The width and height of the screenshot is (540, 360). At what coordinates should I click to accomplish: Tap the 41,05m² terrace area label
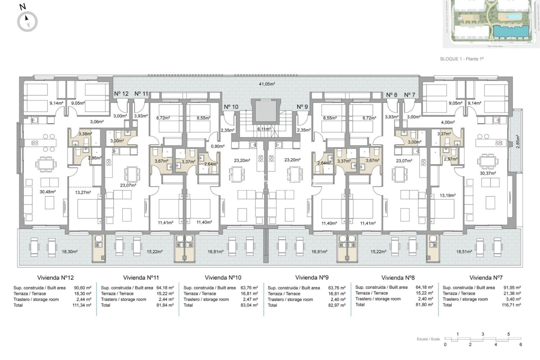267,84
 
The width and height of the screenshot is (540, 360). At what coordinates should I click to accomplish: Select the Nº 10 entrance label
231,107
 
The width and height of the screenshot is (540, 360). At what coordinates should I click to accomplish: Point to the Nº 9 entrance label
302,107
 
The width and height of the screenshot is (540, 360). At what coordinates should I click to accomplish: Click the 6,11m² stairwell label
264,129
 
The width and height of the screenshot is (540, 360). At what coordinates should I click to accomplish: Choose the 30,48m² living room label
48,192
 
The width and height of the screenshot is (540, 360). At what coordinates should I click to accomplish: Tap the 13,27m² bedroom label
83,192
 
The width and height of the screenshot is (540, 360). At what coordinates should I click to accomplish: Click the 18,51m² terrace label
464,252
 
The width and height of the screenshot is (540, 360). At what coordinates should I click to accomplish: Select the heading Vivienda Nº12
55,278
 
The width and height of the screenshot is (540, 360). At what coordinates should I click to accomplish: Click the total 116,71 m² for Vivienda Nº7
511,305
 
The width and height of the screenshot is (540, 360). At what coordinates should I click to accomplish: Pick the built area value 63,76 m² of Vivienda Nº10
249,288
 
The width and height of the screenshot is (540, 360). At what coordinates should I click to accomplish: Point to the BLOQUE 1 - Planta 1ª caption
462,59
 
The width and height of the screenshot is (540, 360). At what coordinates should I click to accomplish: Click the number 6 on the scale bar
521,345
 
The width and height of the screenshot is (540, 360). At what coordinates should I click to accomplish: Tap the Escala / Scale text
428,339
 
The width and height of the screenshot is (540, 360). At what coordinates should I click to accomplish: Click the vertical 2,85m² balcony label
517,142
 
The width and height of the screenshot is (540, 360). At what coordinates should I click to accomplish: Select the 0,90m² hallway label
217,146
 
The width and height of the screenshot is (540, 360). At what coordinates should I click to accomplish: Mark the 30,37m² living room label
488,173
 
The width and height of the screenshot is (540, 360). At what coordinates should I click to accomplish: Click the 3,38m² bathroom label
85,134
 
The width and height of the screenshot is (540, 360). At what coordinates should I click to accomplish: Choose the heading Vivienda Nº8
398,278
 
